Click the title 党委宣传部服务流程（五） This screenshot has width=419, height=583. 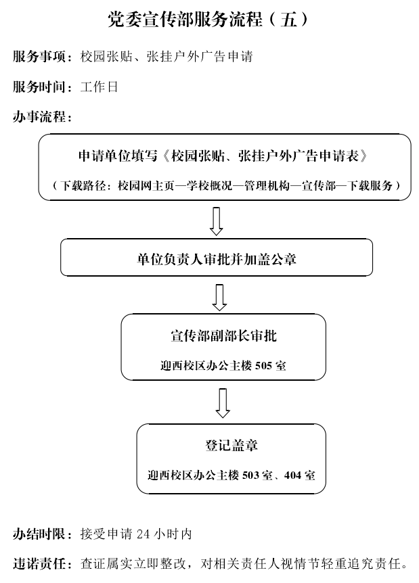[x=208, y=19]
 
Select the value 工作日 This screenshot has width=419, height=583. [x=99, y=87]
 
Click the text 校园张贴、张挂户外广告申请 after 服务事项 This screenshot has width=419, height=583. [x=167, y=57]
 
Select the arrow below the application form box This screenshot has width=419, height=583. [x=216, y=221]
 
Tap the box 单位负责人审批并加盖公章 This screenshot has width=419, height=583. [x=217, y=257]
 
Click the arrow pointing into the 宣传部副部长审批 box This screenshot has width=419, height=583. [x=219, y=298]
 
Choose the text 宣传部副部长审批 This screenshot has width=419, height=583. [x=223, y=335]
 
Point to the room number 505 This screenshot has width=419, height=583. [x=263, y=366]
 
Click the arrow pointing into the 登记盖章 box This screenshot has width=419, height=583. [x=223, y=403]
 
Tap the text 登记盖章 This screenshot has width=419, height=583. [x=231, y=445]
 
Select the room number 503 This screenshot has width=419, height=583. [x=250, y=475]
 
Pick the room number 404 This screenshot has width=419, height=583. [x=292, y=475]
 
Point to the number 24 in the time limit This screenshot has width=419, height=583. [x=144, y=534]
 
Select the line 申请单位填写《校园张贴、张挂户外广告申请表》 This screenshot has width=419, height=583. [x=223, y=156]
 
